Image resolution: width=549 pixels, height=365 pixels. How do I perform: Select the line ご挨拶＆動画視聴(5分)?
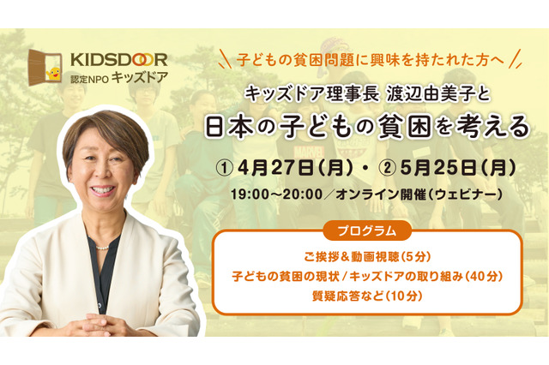tap(367, 256)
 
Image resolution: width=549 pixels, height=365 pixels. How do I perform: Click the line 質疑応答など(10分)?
tap(367, 297)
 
